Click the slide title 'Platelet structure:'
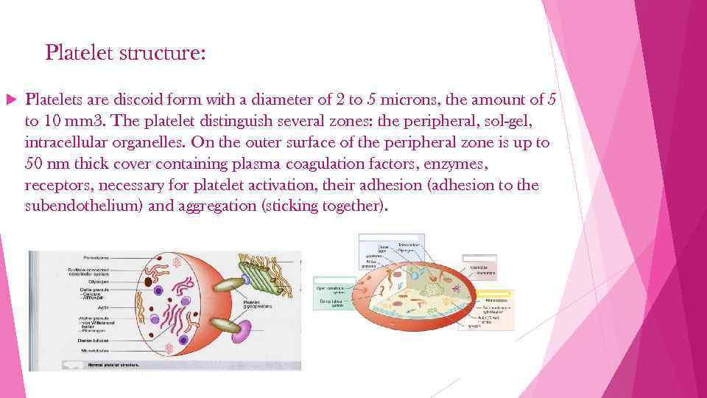point(126,53)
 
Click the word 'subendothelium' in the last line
point(83,206)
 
